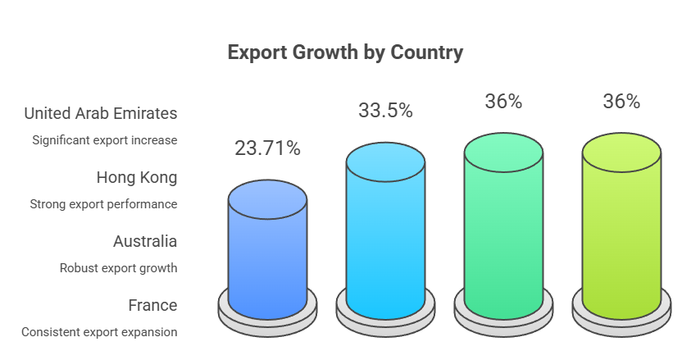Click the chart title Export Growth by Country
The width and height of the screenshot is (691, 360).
coord(345,52)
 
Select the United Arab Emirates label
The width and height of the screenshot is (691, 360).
coord(101,113)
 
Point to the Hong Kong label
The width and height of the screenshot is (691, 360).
coord(136,177)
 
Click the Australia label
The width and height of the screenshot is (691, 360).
coord(144,241)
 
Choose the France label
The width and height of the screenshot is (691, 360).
coord(152,305)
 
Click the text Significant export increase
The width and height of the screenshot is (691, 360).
coord(105,140)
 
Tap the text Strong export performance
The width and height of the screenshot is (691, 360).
coord(103,204)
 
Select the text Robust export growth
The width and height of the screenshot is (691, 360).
coord(118,268)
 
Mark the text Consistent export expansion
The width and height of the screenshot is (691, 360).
coord(99,332)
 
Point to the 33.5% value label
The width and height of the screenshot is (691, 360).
coord(385,111)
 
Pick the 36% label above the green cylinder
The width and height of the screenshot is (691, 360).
coord(503,101)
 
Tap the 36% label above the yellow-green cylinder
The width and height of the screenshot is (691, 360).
coord(621,101)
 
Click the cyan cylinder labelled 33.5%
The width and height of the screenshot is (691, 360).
coord(385,238)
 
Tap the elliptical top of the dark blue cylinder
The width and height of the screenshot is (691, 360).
coord(267,199)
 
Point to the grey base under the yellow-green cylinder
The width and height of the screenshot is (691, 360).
coord(621,323)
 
